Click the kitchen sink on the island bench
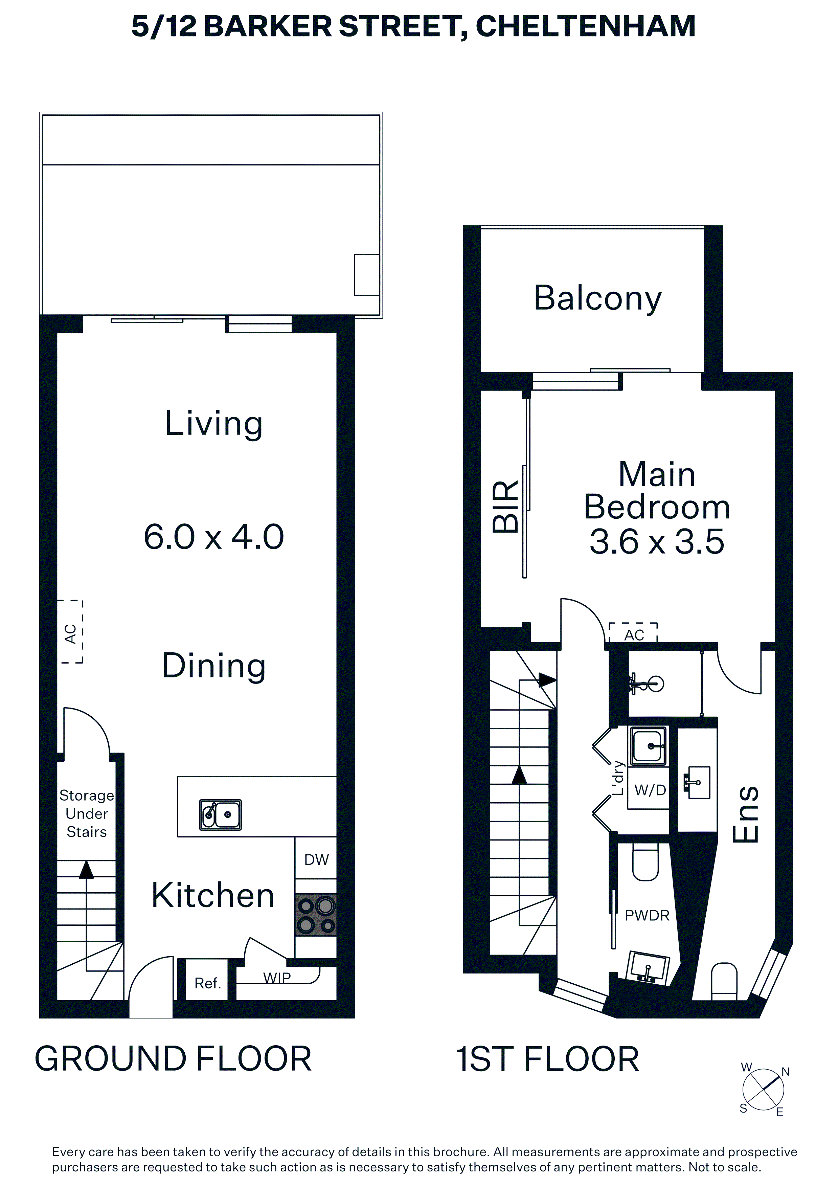click(x=221, y=815)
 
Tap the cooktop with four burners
click(x=316, y=915)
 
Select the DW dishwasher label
click(x=316, y=860)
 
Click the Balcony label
click(x=597, y=298)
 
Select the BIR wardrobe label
click(x=505, y=507)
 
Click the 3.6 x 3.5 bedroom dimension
click(x=657, y=542)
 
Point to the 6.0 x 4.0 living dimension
click(x=213, y=537)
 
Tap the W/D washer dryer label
click(x=650, y=790)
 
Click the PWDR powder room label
click(x=647, y=916)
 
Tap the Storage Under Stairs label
click(x=86, y=814)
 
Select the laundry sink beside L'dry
click(x=648, y=745)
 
